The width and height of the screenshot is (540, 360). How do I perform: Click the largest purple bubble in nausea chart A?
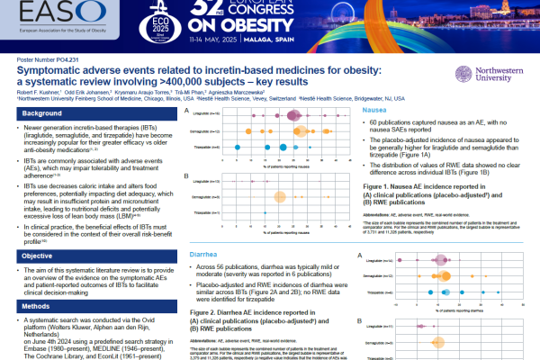[x=294, y=114]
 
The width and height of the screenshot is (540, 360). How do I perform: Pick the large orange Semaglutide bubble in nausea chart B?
[x=279, y=196]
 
